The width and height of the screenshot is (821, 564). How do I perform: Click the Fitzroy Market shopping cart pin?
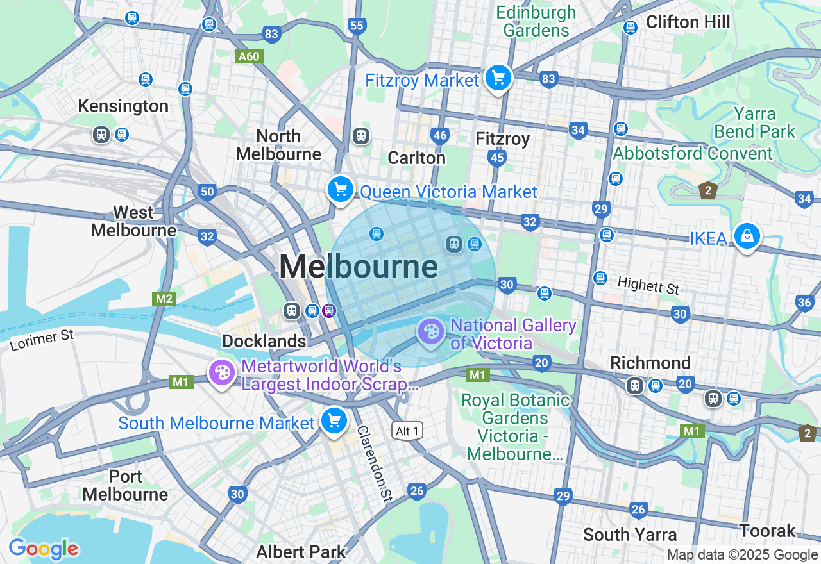(498, 79)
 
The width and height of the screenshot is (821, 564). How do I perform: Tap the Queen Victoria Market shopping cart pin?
(341, 190)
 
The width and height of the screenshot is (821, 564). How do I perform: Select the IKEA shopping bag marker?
(747, 236)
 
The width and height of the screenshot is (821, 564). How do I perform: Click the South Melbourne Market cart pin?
(334, 421)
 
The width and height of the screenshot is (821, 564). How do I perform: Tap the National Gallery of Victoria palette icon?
(430, 332)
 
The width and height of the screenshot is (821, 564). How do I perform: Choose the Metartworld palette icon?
(222, 372)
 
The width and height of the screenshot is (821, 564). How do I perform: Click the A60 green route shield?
(249, 56)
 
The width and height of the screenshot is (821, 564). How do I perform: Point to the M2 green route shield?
(164, 299)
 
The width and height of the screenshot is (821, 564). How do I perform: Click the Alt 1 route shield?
(407, 431)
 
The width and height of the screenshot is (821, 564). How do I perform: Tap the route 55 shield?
(357, 26)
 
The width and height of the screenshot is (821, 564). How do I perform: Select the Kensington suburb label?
(123, 106)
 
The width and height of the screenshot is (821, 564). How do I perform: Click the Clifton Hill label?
(688, 22)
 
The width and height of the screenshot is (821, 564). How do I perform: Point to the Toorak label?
(767, 531)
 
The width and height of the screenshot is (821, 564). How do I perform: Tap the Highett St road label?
(648, 285)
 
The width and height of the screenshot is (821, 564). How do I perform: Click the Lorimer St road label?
(42, 340)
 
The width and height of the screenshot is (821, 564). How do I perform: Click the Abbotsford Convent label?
(693, 154)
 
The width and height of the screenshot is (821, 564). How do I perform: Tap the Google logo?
(43, 549)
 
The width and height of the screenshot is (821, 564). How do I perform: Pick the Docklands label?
(264, 341)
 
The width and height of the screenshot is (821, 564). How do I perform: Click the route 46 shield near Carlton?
(440, 135)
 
